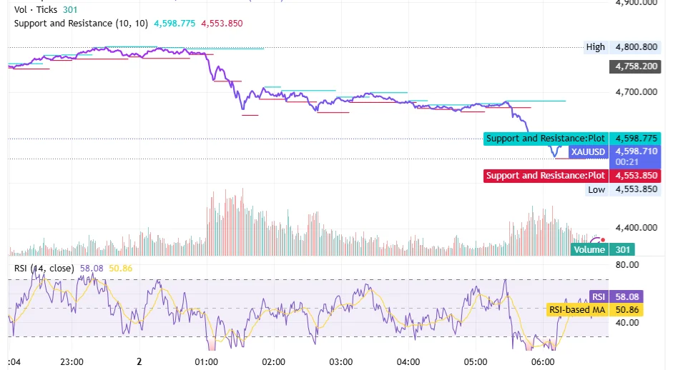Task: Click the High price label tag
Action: (x=595, y=47)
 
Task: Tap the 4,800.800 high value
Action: (x=636, y=47)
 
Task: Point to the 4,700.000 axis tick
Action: (x=636, y=92)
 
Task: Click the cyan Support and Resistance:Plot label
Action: (x=546, y=139)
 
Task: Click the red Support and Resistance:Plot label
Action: (x=546, y=176)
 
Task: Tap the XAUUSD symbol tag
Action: (x=588, y=151)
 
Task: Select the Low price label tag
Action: (x=596, y=189)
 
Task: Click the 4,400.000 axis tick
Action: (x=636, y=228)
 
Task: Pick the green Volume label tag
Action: (x=589, y=249)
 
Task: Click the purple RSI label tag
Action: (x=598, y=296)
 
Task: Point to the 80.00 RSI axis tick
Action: (x=627, y=265)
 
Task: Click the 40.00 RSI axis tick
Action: (x=627, y=322)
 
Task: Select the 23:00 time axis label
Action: (x=72, y=361)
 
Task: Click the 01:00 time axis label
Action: (x=206, y=361)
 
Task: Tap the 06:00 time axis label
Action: (x=543, y=361)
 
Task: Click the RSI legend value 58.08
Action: (x=91, y=268)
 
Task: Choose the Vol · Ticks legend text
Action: (x=35, y=10)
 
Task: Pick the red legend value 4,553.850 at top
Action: (x=222, y=23)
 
